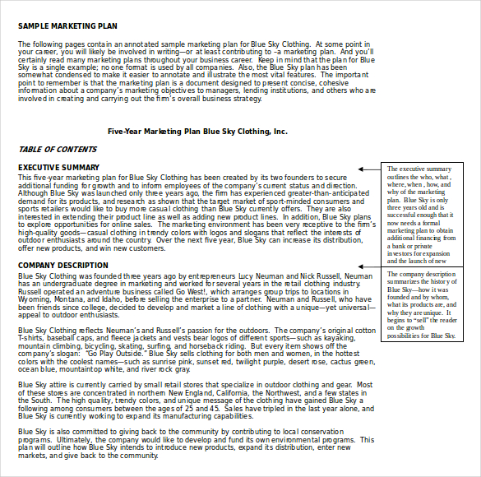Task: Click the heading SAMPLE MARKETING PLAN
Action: point(67,25)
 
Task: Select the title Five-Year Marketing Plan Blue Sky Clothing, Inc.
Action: point(197,131)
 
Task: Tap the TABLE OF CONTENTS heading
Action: point(57,149)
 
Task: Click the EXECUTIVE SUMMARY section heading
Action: point(59,168)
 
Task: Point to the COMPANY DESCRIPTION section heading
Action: point(63,265)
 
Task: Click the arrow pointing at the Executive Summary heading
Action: point(368,169)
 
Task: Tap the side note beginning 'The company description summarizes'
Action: point(421,304)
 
